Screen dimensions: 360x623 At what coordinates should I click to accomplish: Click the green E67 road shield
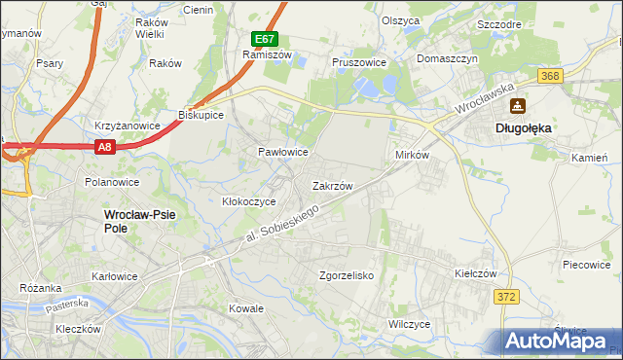click(265, 39)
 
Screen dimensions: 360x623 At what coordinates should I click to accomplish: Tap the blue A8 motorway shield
click(106, 146)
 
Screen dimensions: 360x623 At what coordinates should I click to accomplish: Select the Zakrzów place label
click(332, 185)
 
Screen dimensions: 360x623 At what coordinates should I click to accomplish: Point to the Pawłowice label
click(283, 153)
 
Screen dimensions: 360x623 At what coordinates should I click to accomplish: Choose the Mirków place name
click(412, 156)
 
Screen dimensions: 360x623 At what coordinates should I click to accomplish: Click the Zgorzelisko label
click(347, 275)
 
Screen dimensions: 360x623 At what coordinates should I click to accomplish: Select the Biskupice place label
click(201, 115)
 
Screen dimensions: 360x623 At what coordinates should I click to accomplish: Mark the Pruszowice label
click(359, 62)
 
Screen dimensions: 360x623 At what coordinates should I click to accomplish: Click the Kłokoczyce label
click(249, 201)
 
